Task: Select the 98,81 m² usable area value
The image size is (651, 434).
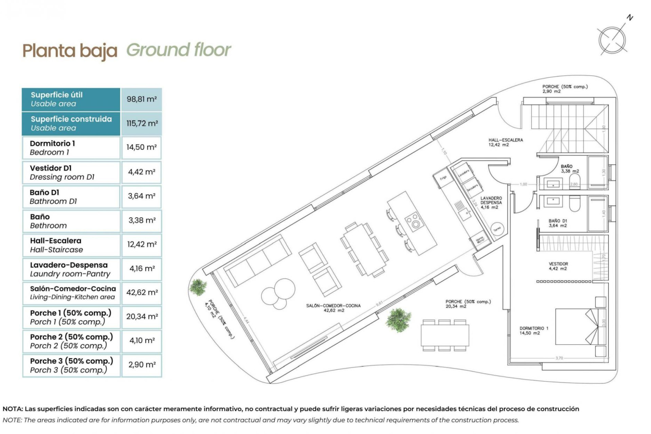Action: point(141,99)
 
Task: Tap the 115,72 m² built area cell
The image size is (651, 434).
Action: point(141,123)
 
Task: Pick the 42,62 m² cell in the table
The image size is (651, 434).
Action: point(141,293)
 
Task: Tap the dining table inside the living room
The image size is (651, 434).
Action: point(364,249)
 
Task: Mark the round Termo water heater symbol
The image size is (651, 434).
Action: point(497,230)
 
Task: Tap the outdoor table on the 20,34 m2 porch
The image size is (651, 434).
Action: point(445,335)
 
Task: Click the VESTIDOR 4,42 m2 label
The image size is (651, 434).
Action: point(558,266)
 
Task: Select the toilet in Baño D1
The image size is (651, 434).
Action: point(575,203)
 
